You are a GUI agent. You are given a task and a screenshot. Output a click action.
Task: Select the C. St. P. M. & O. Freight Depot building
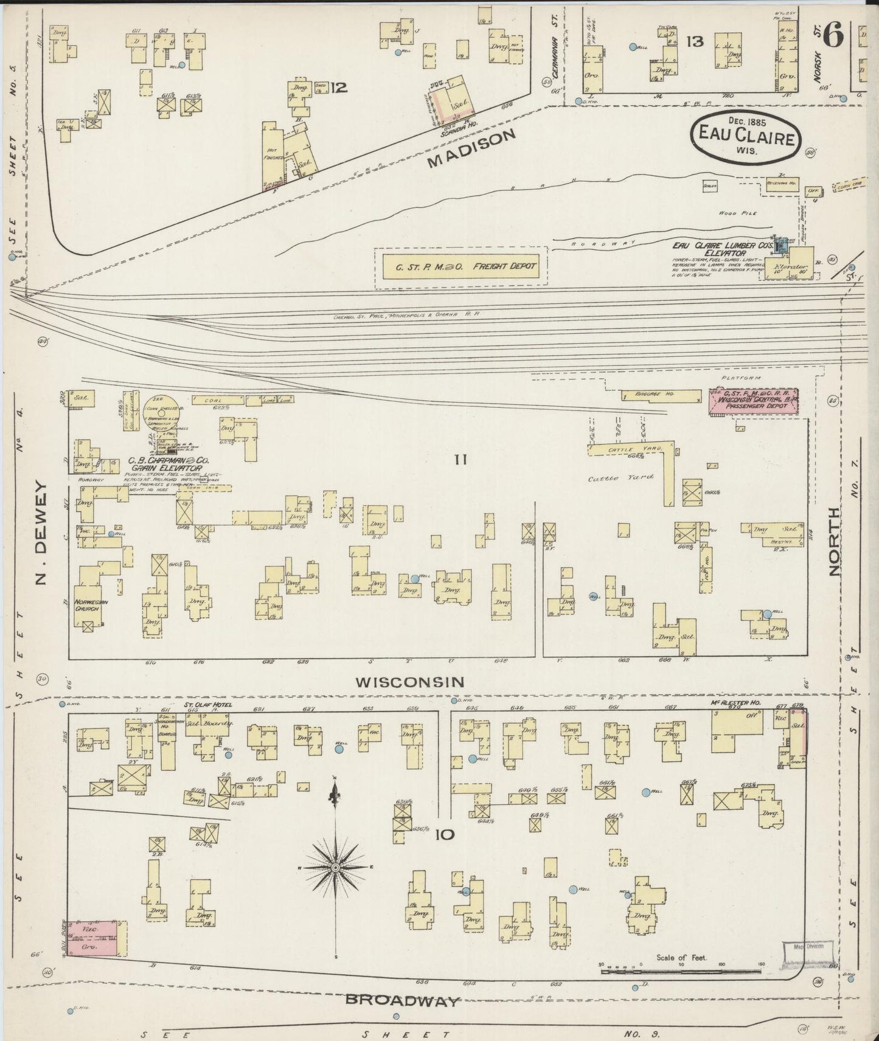point(460,266)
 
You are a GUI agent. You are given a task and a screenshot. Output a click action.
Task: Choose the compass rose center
point(335,866)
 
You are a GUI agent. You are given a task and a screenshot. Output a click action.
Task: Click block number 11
point(459,460)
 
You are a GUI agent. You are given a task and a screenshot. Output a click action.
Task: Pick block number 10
point(444,835)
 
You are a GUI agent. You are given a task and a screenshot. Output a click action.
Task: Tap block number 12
point(339,88)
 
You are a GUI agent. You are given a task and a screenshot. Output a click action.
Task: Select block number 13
point(694,41)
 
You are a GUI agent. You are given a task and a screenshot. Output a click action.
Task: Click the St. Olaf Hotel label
point(209,705)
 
